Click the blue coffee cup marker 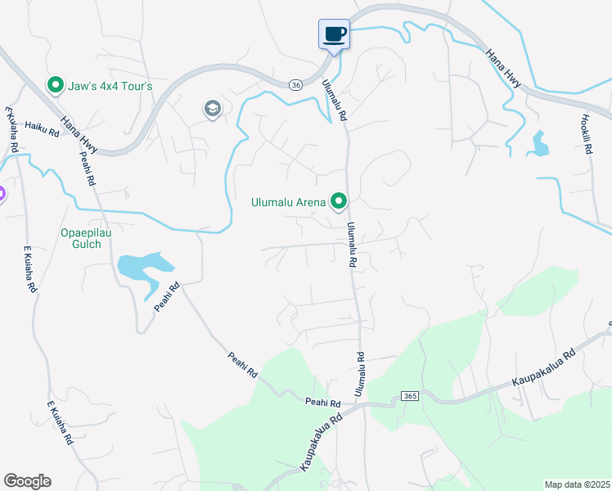pos(334,34)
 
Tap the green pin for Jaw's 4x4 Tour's pos(56,85)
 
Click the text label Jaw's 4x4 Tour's pos(110,86)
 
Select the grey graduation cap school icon pos(213,109)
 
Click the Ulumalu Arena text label pos(289,201)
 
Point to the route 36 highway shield pos(296,84)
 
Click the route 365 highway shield pos(410,397)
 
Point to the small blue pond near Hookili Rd pos(540,145)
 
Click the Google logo pos(27,481)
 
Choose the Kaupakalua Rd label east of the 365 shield pos(544,369)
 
